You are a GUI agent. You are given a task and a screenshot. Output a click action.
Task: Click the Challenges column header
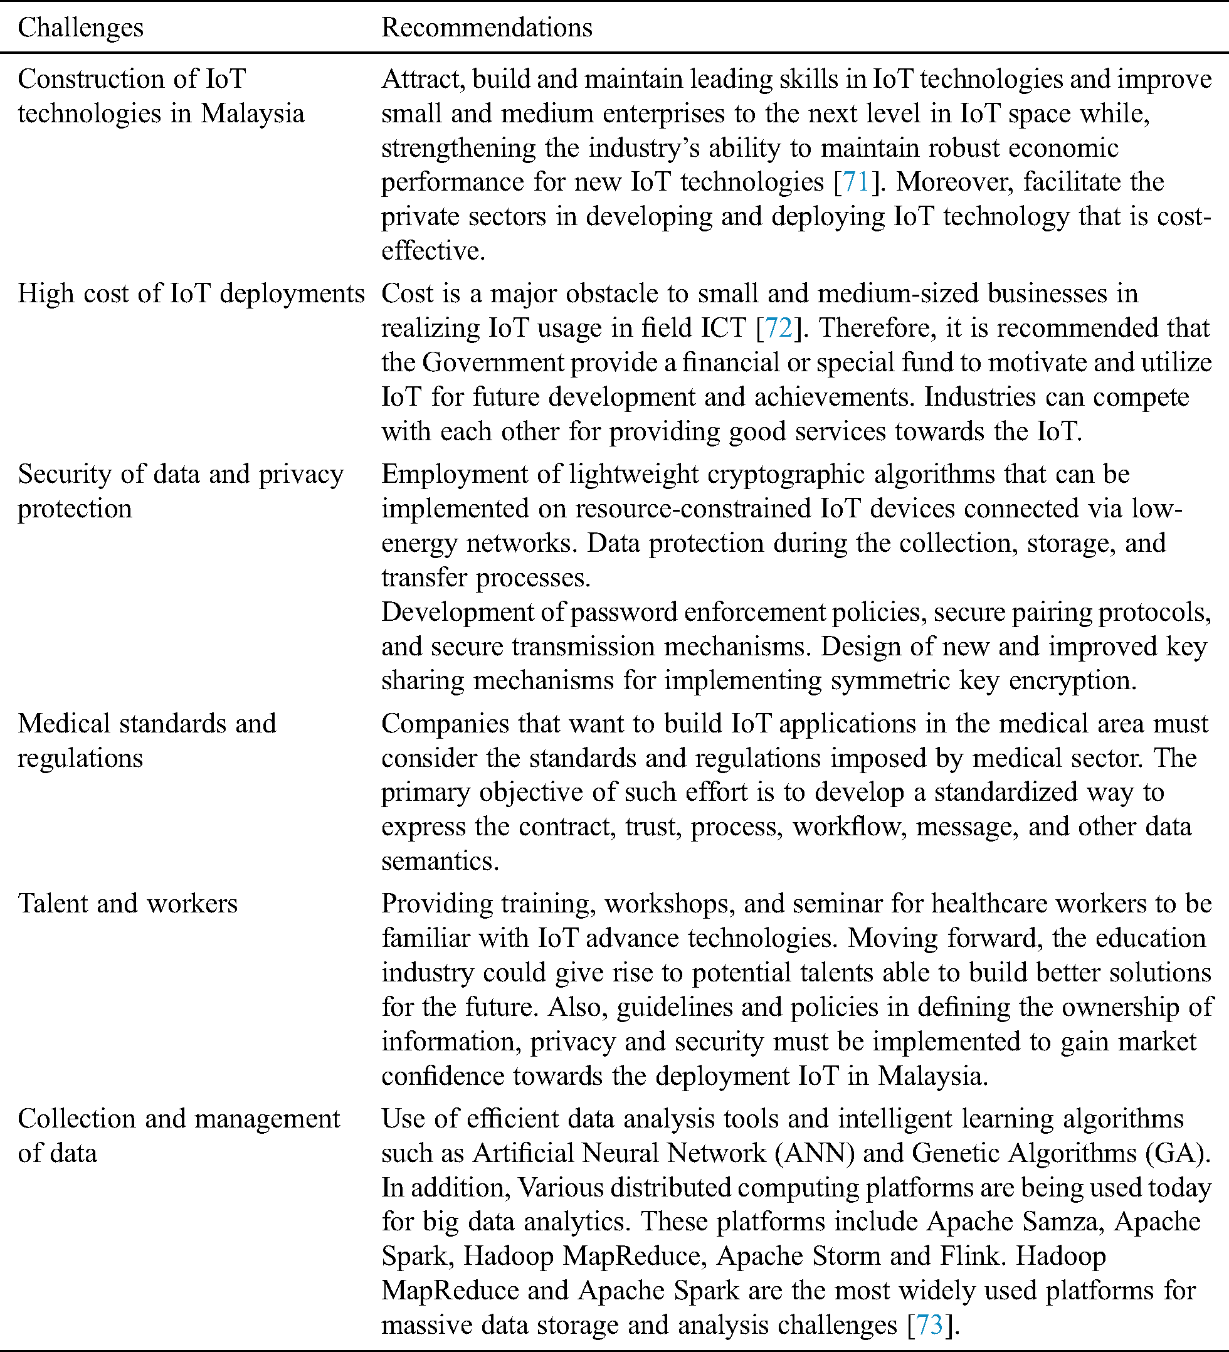point(80,28)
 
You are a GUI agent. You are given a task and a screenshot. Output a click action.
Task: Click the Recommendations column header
point(487,28)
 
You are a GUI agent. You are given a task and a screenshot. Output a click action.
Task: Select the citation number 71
point(856,182)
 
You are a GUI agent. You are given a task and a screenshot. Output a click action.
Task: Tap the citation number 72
point(778,328)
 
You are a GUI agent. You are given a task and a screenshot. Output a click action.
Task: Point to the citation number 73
point(929,1324)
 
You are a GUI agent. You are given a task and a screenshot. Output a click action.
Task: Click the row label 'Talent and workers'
point(127,904)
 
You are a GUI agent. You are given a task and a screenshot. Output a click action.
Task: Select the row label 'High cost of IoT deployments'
point(191,293)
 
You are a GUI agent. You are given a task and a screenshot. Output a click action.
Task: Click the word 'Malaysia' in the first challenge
point(253,114)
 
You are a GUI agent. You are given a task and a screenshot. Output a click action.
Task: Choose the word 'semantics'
point(440,860)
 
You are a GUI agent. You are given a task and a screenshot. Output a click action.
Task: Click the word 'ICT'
point(724,328)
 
